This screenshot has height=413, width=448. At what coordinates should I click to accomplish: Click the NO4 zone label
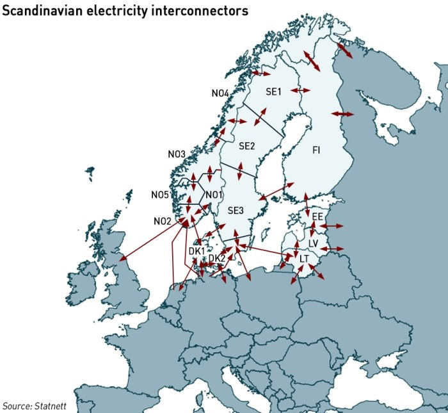pyautogui.click(x=220, y=93)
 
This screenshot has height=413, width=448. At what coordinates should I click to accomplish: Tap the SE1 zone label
pyautogui.click(x=273, y=92)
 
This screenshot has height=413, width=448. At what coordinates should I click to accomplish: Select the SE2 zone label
pyautogui.click(x=247, y=146)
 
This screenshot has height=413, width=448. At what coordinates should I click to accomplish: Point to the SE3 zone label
pyautogui.click(x=236, y=211)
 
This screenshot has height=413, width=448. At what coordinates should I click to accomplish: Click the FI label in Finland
pyautogui.click(x=316, y=150)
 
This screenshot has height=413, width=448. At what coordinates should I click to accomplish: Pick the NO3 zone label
pyautogui.click(x=177, y=154)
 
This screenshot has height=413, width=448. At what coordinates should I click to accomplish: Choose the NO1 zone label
pyautogui.click(x=214, y=195)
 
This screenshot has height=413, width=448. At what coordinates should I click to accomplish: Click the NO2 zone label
pyautogui.click(x=163, y=221)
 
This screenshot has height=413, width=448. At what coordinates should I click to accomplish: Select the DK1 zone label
pyautogui.click(x=196, y=251)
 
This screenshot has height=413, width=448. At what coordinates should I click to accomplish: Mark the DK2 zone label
pyautogui.click(x=217, y=258)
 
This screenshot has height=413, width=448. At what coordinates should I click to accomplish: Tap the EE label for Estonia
pyautogui.click(x=317, y=218)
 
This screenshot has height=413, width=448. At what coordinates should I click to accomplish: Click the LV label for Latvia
pyautogui.click(x=313, y=243)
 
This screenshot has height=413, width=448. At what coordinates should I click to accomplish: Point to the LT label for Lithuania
pyautogui.click(x=305, y=258)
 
